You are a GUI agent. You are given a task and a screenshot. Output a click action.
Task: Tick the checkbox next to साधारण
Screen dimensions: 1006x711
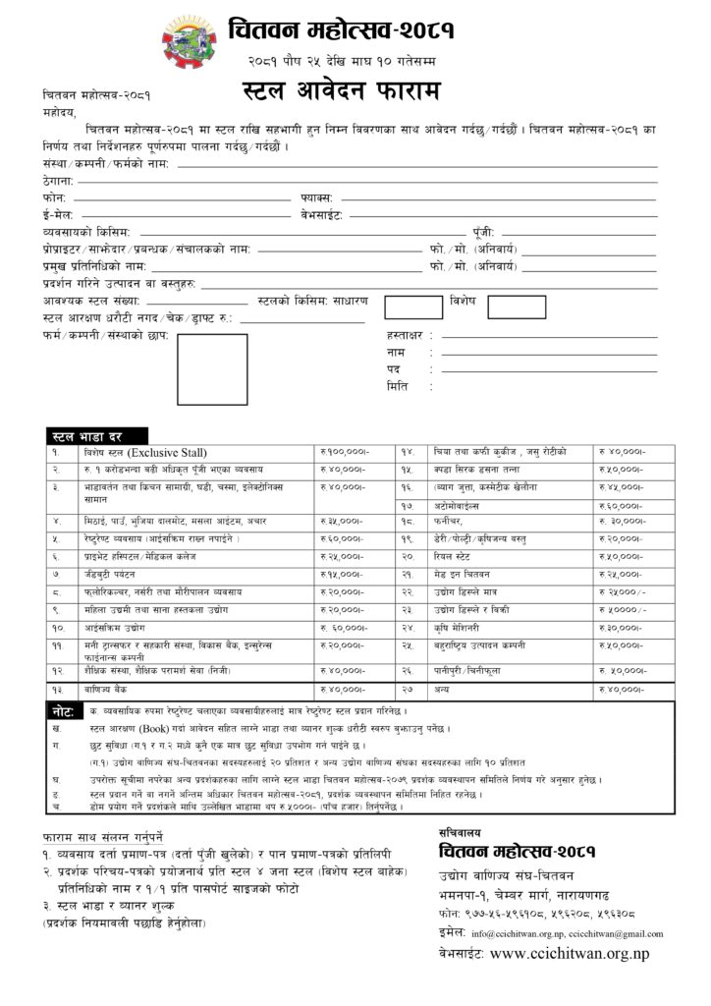413,307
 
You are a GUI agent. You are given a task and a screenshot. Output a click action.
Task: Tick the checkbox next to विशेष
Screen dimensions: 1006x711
516,307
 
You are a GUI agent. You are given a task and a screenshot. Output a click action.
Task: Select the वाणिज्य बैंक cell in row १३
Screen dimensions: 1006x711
112,690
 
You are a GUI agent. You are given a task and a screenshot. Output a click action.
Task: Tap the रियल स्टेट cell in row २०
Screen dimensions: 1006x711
458,557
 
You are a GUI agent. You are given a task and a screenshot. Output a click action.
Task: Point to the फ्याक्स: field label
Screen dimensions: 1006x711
318,197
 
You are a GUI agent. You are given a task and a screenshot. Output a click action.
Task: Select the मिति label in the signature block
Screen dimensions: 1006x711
397,386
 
